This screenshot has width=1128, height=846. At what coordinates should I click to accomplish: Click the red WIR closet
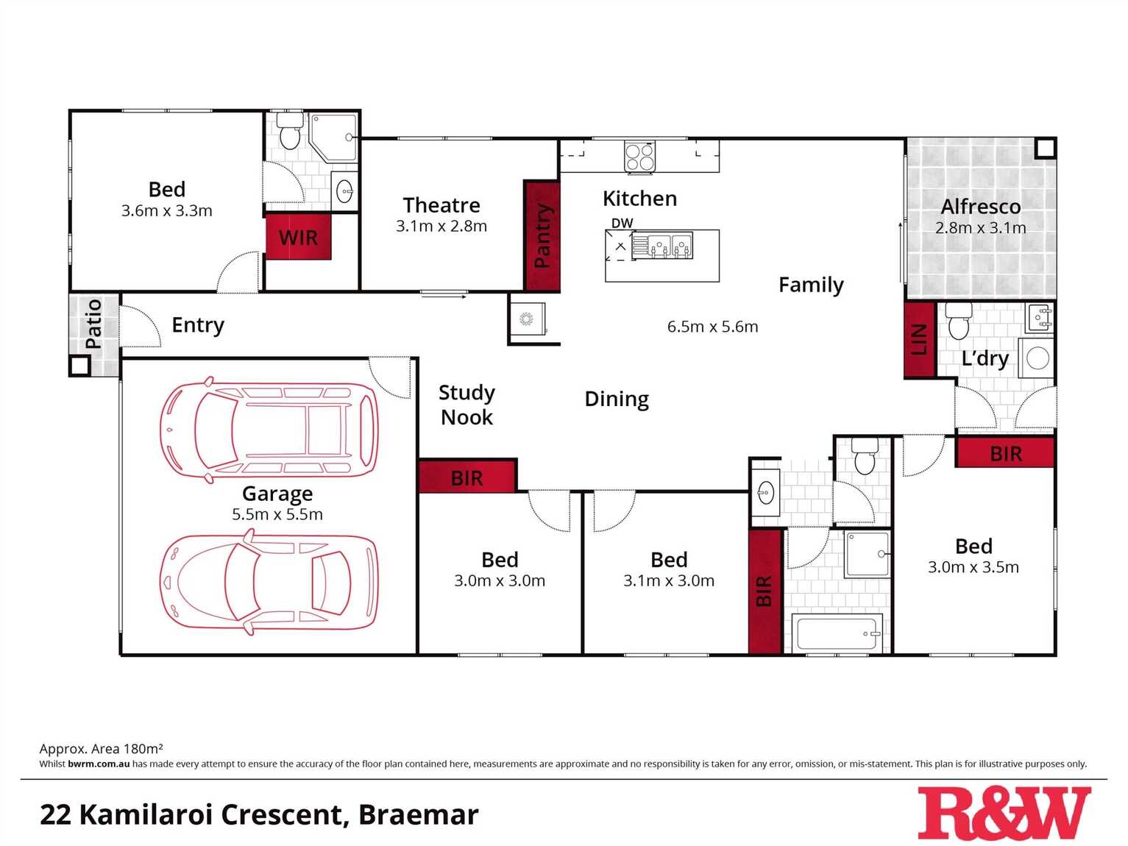299,238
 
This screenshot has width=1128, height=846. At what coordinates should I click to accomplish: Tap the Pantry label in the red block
542,235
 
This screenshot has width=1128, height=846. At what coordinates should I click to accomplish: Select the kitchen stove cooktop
640,157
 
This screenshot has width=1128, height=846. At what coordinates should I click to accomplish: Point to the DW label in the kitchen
622,224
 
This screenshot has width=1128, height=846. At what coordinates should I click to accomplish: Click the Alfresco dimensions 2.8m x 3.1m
981,227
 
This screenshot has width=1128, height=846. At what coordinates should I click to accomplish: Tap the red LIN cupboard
919,340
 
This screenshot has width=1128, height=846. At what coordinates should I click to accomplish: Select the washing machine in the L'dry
1037,358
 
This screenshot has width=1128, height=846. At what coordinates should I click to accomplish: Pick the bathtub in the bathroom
837,633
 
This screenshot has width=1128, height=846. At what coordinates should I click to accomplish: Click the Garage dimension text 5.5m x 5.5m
277,514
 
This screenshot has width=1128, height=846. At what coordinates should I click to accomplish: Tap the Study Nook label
467,405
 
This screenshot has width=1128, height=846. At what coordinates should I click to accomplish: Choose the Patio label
94,324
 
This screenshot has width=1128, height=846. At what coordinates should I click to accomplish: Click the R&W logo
1004,813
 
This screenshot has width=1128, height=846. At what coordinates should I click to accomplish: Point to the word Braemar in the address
419,814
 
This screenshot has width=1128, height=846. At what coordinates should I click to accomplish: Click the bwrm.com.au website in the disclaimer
99,764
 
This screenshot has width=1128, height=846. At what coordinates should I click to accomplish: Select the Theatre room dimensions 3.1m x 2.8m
441,226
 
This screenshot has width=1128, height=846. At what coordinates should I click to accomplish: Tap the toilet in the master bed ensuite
290,131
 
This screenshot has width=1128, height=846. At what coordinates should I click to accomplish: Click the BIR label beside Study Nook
467,479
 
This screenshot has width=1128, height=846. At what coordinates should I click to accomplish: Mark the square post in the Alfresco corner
1045,149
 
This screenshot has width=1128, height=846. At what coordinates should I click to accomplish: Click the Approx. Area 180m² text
102,748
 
